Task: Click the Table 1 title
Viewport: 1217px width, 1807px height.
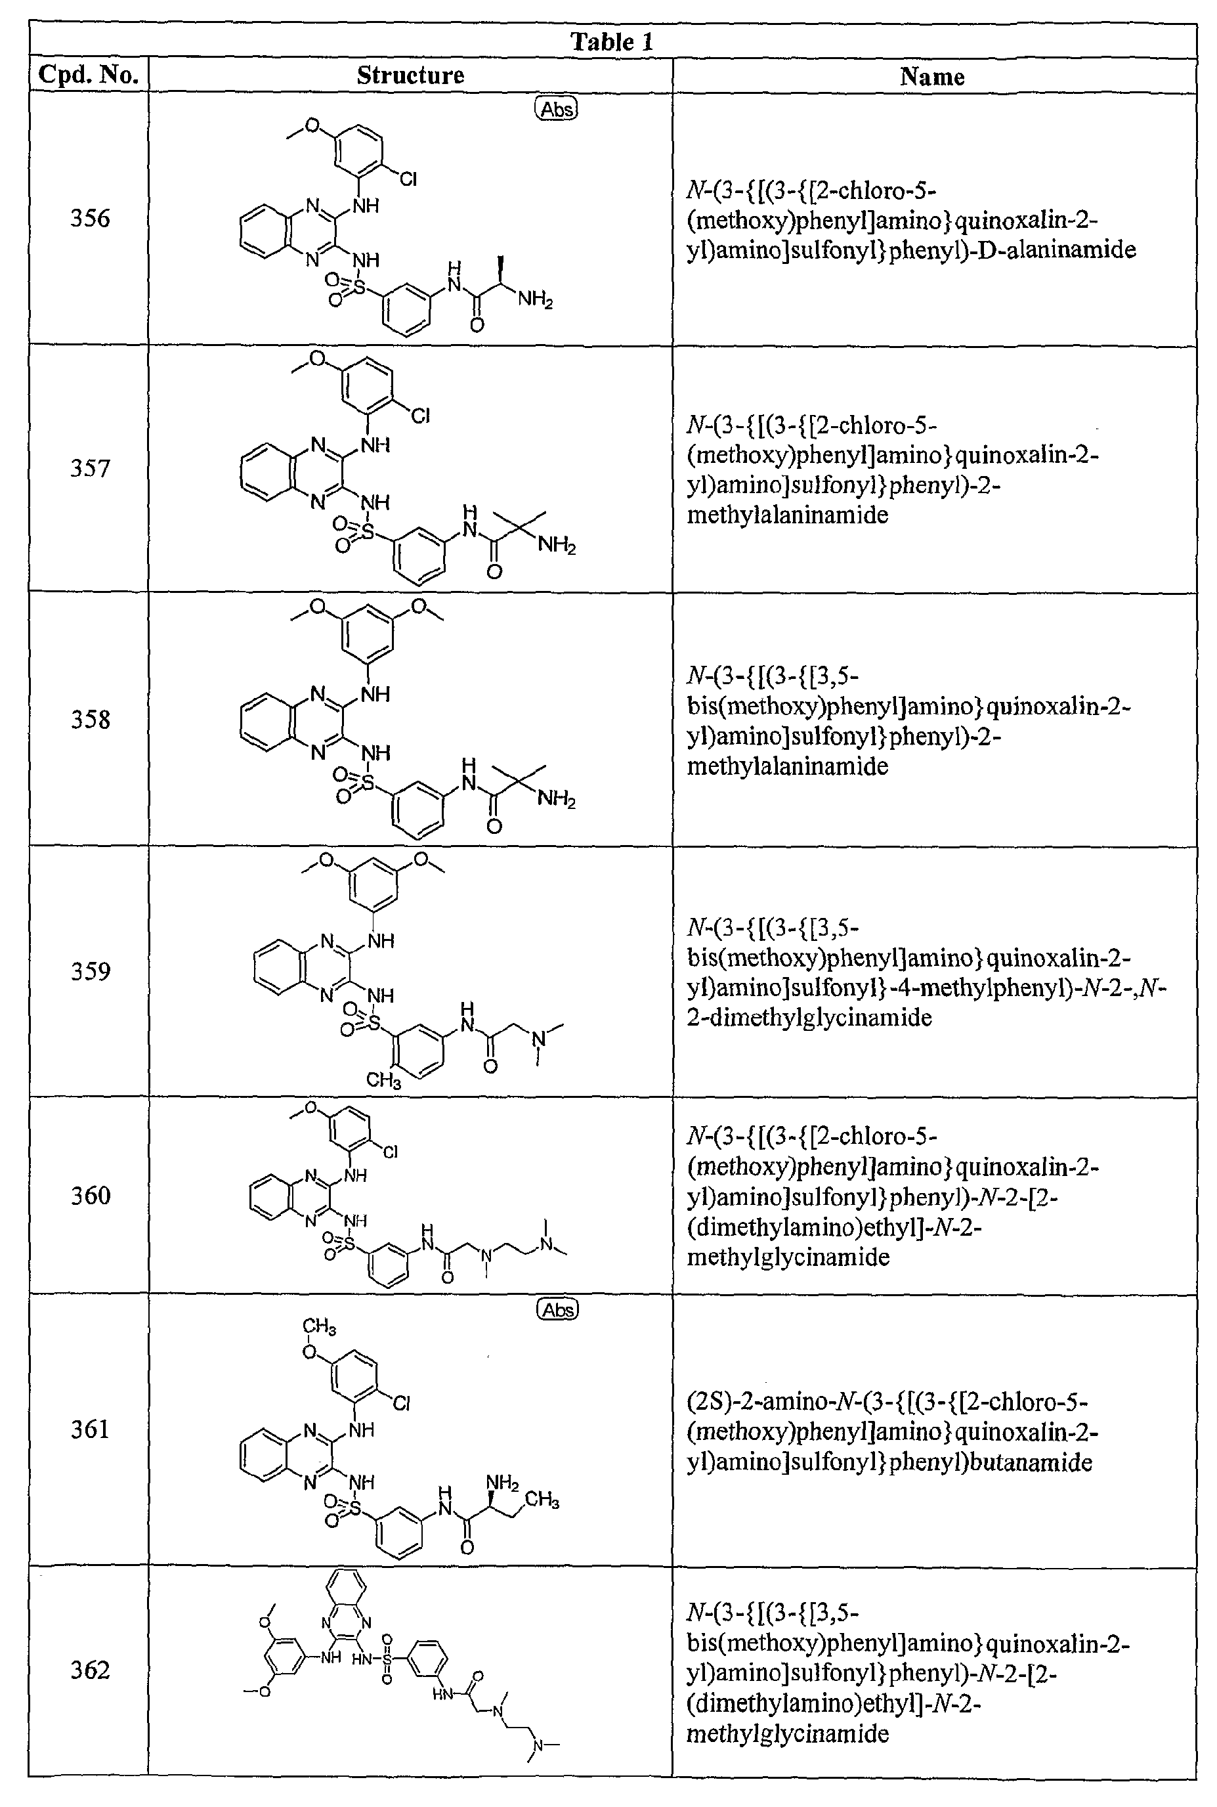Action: point(612,41)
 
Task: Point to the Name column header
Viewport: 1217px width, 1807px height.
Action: point(932,76)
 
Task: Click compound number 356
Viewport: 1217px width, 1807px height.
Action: point(90,217)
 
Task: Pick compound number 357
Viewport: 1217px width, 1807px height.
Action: point(90,468)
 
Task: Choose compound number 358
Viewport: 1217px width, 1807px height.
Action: point(90,720)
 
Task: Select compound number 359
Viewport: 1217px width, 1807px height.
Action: point(90,971)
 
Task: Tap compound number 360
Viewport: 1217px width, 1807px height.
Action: point(90,1195)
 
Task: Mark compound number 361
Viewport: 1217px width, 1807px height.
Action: point(90,1429)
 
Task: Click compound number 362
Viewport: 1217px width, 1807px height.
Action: point(90,1670)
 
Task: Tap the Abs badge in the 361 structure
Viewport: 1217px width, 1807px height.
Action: point(558,1310)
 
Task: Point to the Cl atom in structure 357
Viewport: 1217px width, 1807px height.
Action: point(420,416)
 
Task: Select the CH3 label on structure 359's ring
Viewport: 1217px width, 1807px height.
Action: point(383,1079)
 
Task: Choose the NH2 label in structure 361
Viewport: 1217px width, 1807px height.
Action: point(502,1483)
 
